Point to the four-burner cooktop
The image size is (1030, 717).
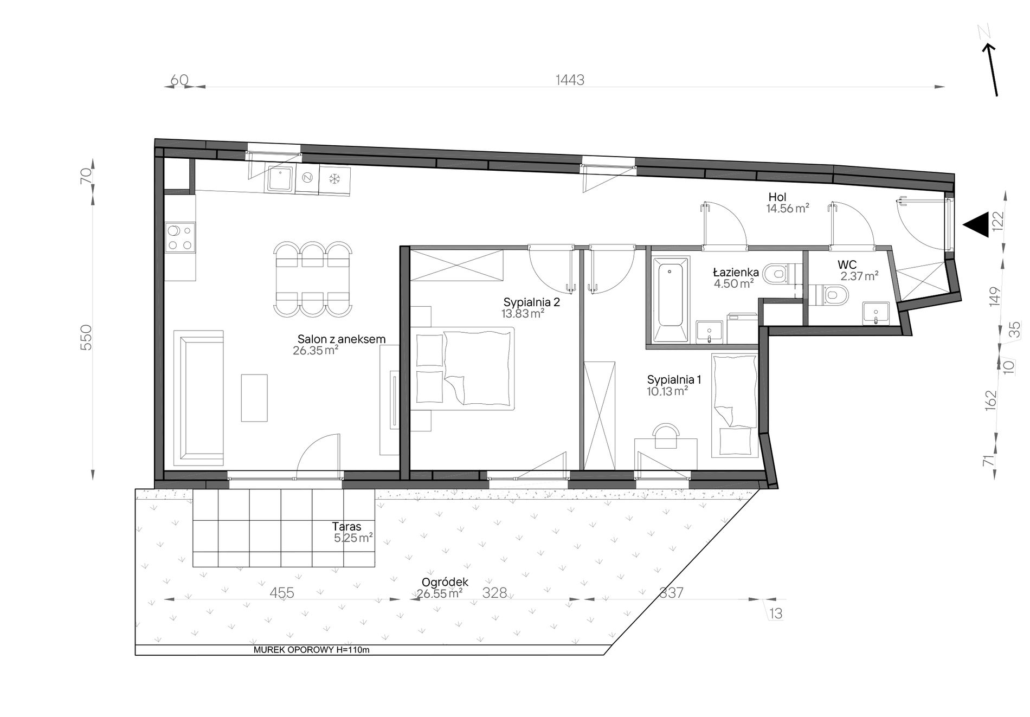180,238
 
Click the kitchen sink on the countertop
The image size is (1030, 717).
280,179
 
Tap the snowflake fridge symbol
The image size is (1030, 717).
334,178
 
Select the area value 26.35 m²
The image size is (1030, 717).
316,350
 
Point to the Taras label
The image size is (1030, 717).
346,526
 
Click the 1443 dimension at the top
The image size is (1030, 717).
570,80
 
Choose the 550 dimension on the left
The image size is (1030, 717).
87,337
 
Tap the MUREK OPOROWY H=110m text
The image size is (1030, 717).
311,650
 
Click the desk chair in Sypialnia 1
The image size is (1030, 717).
666,436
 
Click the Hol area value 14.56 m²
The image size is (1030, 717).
788,208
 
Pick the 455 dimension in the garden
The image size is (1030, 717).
282,593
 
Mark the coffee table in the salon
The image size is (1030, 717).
254,397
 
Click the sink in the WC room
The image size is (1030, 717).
876,314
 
